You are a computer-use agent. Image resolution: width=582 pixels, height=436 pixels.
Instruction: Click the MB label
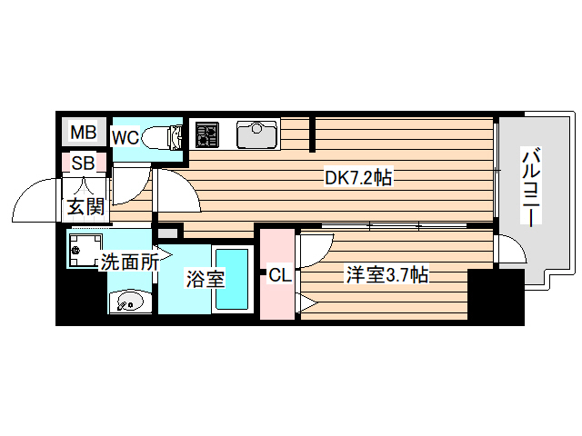[83, 134]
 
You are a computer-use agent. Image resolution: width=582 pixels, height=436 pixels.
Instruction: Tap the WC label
[125, 138]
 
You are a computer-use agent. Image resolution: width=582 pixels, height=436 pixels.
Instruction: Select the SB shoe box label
[83, 163]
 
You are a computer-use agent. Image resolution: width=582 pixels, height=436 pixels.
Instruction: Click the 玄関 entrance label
[85, 206]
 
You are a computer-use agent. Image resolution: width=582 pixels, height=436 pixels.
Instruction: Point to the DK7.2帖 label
[358, 178]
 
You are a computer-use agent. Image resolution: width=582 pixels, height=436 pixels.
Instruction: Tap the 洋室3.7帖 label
[386, 275]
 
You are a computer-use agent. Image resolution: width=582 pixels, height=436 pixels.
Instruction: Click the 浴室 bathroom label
[206, 279]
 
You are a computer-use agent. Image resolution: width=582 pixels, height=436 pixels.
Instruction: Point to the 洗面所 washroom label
[129, 263]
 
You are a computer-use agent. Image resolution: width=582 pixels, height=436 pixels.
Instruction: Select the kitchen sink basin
[257, 134]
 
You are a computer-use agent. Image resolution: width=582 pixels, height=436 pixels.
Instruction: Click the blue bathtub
[231, 279]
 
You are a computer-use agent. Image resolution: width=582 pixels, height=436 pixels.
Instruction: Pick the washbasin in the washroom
[127, 301]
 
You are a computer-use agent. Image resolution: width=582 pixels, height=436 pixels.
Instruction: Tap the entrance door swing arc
[41, 202]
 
